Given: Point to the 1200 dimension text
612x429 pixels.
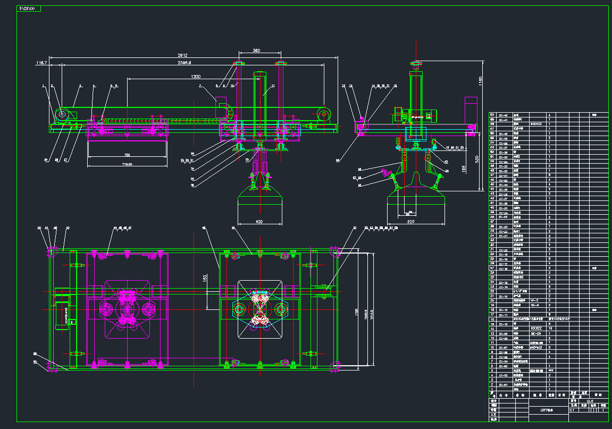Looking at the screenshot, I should pos(181,77).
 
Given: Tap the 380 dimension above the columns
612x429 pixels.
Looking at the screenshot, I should pos(257,51).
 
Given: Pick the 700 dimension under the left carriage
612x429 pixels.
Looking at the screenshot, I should pos(127,155).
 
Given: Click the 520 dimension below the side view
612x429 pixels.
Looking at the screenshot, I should pos(410,220).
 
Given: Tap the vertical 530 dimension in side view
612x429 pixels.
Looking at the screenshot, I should pos(477,158).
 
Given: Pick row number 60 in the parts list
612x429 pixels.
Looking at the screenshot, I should pos(492,115).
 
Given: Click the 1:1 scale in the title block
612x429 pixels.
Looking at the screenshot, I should pos(572,410).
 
